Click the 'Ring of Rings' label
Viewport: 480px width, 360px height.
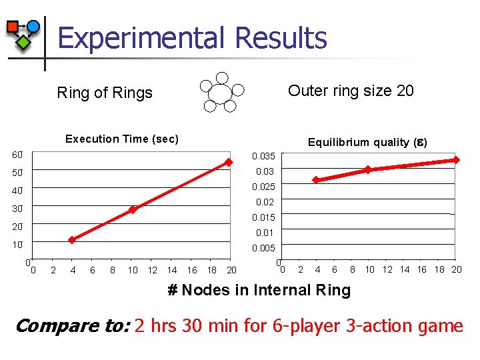[105, 93]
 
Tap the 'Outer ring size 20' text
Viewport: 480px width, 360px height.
[351, 91]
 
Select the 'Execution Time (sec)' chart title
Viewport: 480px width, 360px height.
[121, 139]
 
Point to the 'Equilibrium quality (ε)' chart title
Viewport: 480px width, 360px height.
[367, 142]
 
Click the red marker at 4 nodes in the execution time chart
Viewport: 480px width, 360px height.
[73, 240]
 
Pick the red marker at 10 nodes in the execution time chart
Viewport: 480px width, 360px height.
[133, 209]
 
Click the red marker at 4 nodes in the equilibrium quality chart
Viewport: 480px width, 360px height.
[316, 180]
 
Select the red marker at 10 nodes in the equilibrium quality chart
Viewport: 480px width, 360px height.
[368, 170]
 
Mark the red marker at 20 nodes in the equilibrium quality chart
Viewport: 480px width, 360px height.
[457, 160]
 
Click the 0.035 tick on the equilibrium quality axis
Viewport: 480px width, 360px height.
[263, 156]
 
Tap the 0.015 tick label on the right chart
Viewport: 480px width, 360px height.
[263, 217]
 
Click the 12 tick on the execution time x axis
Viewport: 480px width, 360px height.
[153, 270]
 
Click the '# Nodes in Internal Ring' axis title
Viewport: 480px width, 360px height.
[258, 290]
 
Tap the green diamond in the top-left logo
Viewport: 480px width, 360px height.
[23, 43]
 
